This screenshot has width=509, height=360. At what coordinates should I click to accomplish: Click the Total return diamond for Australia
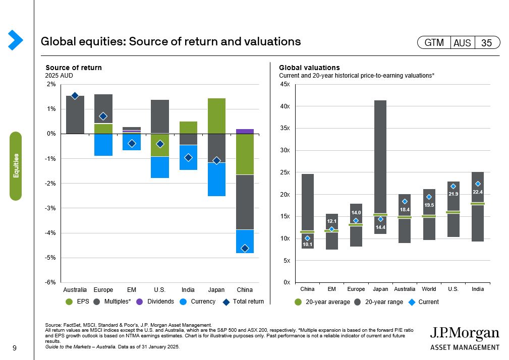(x=75, y=96)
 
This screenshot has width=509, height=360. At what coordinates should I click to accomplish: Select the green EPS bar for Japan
(x=216, y=116)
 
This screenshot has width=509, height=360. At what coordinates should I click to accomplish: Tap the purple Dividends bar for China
(x=245, y=131)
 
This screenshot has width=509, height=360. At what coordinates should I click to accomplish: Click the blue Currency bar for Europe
(x=103, y=145)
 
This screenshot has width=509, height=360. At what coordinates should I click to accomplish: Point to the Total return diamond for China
(x=245, y=248)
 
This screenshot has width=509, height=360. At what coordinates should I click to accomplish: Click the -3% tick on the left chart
(x=51, y=208)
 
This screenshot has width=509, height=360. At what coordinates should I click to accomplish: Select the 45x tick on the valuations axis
(x=285, y=84)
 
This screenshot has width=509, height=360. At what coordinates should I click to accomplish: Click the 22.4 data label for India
(x=478, y=192)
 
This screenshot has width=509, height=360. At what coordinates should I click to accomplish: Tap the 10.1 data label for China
(x=307, y=245)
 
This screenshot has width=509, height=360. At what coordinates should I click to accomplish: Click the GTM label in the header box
(x=434, y=43)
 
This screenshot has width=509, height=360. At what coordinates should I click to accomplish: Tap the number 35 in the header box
(x=486, y=43)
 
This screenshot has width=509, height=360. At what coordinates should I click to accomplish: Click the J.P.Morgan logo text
(x=464, y=333)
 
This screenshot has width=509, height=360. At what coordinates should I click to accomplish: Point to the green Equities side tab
(x=16, y=166)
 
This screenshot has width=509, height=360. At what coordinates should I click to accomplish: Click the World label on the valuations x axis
(x=429, y=289)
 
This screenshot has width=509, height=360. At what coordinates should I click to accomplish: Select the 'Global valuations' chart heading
(x=309, y=68)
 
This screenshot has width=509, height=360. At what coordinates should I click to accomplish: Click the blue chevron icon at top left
(x=15, y=40)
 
